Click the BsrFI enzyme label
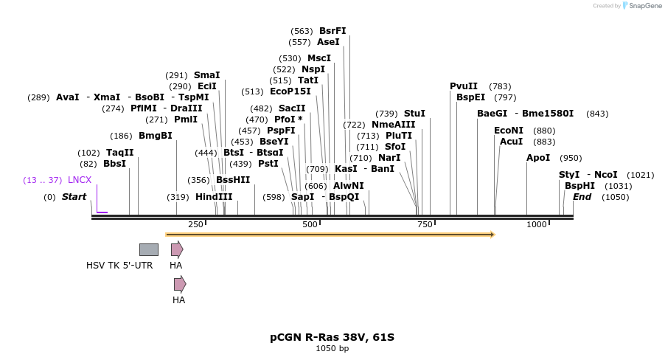pyautogui.click(x=332, y=31)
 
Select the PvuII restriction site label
pyautogui.click(x=464, y=86)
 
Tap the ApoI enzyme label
pyautogui.click(x=537, y=158)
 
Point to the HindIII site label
pyautogui.click(x=214, y=197)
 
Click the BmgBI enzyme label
pyautogui.click(x=155, y=136)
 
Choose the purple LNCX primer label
pyautogui.click(x=80, y=180)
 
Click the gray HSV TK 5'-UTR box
pyautogui.click(x=149, y=249)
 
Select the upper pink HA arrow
pyautogui.click(x=177, y=249)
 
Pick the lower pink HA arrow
pyautogui.click(x=180, y=284)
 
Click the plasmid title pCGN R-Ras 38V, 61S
pyautogui.click(x=332, y=337)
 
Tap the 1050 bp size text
pyautogui.click(x=332, y=349)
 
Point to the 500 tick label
pyautogui.click(x=310, y=224)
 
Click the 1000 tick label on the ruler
pyautogui.click(x=537, y=224)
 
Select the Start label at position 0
pyautogui.click(x=74, y=197)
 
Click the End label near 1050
pyautogui.click(x=582, y=197)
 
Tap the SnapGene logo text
pyautogui.click(x=641, y=6)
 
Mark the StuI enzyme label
pyautogui.click(x=414, y=114)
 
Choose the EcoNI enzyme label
pyautogui.click(x=508, y=131)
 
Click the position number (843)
pyautogui.click(x=597, y=114)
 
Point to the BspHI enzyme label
pyautogui.click(x=579, y=186)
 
